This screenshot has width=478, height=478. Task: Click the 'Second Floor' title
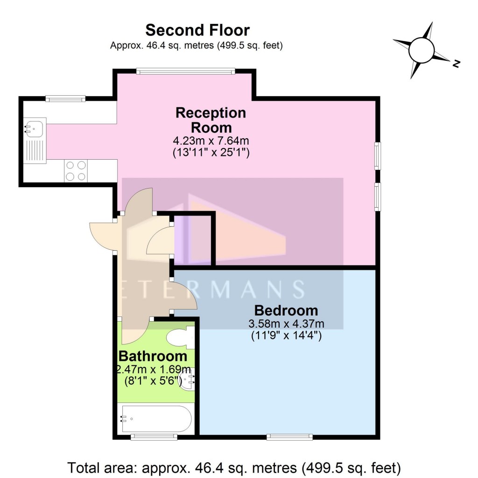[197, 30]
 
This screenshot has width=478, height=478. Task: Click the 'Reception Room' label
[211, 120]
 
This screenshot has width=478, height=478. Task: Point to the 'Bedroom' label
[286, 310]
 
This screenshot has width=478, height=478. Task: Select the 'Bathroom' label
[153, 356]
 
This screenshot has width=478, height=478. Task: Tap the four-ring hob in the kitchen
[76, 170]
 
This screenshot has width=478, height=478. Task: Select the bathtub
[155, 418]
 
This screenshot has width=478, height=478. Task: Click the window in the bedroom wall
[289, 437]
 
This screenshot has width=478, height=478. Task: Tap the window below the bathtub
[154, 437]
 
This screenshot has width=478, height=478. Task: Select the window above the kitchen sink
[65, 98]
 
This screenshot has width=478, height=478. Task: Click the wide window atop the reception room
[185, 71]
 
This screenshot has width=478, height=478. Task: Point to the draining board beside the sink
[35, 148]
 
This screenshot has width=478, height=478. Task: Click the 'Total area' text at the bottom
[234, 467]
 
